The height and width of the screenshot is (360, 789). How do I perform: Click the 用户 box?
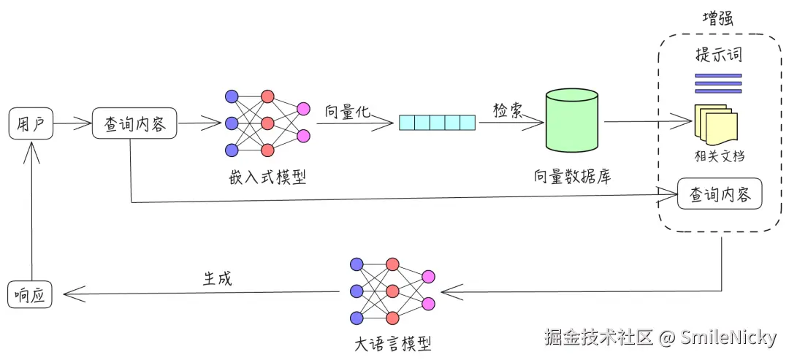pyautogui.click(x=31, y=123)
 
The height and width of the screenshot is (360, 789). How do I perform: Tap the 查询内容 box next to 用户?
pyautogui.click(x=135, y=123)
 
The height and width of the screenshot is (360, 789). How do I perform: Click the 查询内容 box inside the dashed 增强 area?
pyautogui.click(x=720, y=195)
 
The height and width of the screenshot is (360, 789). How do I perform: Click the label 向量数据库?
pyautogui.click(x=572, y=177)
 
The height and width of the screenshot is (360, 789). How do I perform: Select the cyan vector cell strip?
pyautogui.click(x=437, y=123)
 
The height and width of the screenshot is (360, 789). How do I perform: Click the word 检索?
pyautogui.click(x=507, y=110)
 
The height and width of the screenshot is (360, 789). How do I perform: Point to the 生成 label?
pyautogui.click(x=217, y=278)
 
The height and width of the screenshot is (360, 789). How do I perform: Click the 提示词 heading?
pyautogui.click(x=718, y=55)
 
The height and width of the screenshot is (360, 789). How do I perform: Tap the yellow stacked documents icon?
pyautogui.click(x=714, y=125)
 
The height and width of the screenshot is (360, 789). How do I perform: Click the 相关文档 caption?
pyautogui.click(x=720, y=156)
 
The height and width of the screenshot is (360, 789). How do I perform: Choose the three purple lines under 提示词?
pyautogui.click(x=718, y=83)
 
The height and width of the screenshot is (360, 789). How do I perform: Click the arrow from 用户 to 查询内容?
pyautogui.click(x=72, y=123)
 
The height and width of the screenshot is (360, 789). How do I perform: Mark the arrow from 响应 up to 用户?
pyautogui.click(x=31, y=212)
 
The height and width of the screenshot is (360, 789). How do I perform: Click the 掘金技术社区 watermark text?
pyautogui.click(x=598, y=337)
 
